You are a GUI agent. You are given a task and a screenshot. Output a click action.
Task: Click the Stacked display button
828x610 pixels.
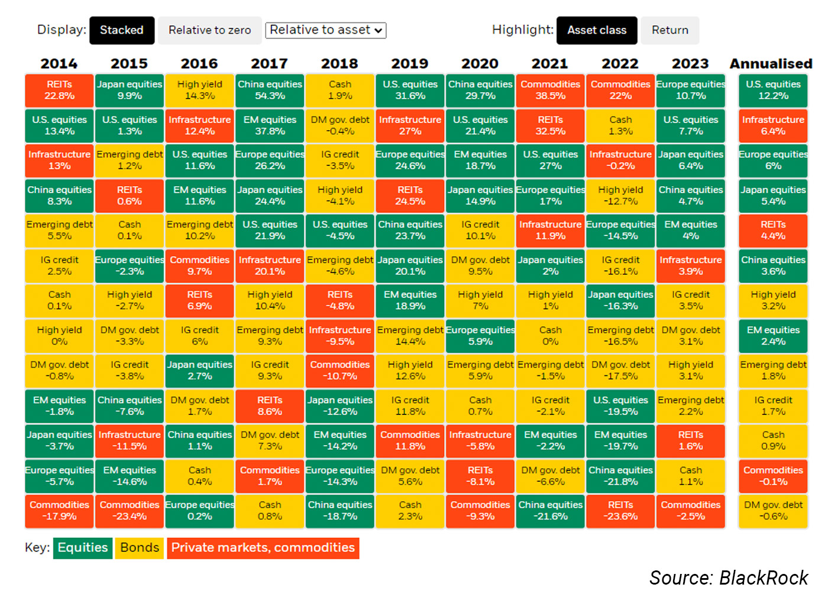point(122,30)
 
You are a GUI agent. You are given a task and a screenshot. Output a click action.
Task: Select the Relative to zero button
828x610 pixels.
point(209,30)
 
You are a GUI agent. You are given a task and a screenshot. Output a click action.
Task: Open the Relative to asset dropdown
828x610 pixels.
point(326,30)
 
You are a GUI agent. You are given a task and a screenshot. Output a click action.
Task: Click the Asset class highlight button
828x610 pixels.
point(597,30)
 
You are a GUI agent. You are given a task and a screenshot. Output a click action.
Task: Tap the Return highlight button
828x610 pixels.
point(669,30)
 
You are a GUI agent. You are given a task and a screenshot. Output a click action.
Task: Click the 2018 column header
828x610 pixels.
point(339,63)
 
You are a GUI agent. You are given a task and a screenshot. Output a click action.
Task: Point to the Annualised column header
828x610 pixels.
point(771,63)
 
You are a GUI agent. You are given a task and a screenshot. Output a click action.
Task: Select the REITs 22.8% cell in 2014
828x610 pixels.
point(59,90)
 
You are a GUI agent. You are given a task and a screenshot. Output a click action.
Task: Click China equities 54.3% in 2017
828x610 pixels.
point(270,90)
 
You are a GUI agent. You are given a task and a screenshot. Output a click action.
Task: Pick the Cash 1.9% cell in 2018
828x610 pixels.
point(340,90)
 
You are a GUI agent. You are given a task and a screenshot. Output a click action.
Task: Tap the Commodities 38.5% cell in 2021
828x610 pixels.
point(550,90)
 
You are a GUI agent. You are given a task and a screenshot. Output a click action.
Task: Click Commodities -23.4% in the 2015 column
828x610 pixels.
point(130,511)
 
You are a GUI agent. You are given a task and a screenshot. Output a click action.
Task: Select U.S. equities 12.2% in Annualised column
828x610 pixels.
point(773,90)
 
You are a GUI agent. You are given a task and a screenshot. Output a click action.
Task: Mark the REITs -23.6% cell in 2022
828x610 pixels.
point(620,511)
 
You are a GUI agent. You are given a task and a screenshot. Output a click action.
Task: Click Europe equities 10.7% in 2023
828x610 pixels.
point(690,90)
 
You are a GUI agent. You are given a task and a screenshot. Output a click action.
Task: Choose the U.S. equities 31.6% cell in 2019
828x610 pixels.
point(410,90)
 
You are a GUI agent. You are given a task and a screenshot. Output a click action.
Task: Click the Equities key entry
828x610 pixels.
point(83,548)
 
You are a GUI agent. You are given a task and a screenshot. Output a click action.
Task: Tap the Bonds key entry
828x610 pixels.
point(140,548)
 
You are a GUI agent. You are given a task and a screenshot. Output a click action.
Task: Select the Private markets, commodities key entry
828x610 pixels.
point(263,548)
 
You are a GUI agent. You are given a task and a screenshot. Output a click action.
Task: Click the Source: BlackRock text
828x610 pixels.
point(729,577)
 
